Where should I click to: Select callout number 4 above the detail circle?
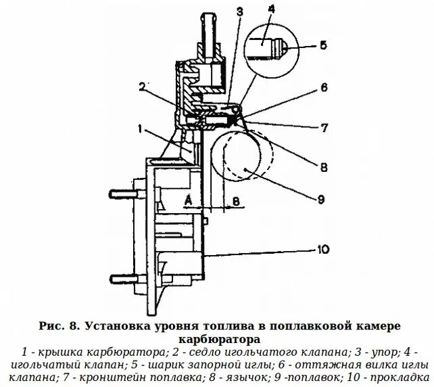pos(271,9)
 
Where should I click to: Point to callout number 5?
pos(323,46)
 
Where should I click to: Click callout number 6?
pos(324,87)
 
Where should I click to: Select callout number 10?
pos(323,249)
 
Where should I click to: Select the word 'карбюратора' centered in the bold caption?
pos(216,338)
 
